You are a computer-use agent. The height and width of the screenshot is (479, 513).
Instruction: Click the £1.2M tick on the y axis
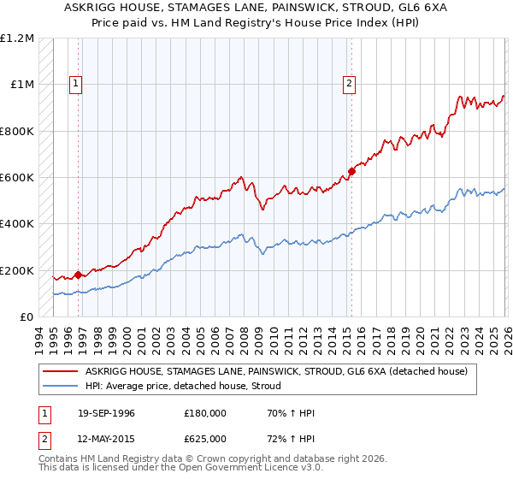point(17,38)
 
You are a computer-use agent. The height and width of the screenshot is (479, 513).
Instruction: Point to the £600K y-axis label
point(17,178)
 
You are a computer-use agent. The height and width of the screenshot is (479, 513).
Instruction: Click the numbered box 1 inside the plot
point(77,84)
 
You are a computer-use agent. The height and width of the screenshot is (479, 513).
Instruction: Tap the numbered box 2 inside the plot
point(351,84)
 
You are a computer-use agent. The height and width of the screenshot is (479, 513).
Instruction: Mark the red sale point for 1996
point(79,275)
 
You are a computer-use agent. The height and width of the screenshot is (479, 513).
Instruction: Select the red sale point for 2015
point(351,172)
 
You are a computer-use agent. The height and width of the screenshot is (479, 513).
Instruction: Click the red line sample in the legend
point(60,372)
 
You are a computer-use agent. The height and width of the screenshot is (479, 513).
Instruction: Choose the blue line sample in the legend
point(60,387)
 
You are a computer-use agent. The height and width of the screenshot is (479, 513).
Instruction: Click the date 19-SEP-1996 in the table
point(106,413)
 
